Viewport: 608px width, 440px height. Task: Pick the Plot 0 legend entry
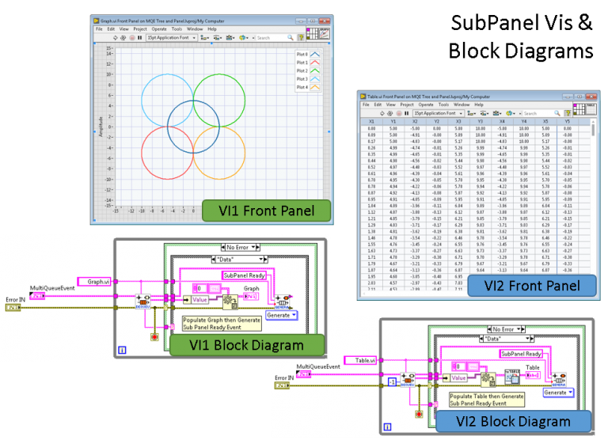(x=307, y=54)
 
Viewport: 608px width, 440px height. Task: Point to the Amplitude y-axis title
(x=101, y=127)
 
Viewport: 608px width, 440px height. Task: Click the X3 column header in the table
(x=459, y=121)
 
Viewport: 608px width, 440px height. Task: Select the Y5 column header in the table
(x=566, y=121)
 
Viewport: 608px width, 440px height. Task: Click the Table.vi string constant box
(x=367, y=359)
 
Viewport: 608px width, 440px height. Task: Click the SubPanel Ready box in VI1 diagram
(x=246, y=275)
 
